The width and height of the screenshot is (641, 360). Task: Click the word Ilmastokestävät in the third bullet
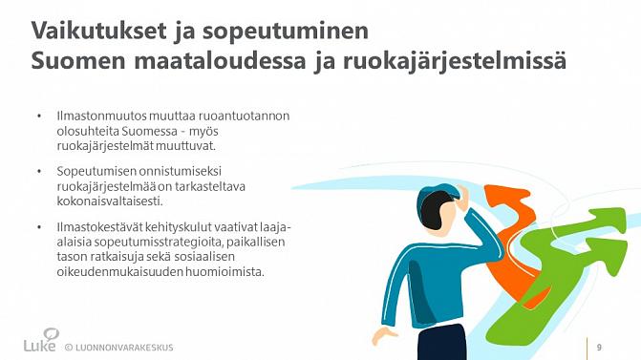click(93, 228)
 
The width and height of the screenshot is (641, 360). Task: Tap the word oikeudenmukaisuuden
click(121, 272)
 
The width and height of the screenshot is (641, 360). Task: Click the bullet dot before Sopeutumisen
click(39, 172)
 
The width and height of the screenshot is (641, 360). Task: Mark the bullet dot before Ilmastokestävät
click(39, 228)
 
